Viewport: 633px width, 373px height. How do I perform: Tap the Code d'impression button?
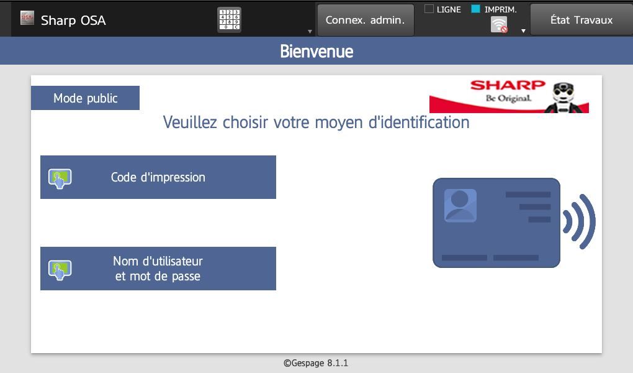pyautogui.click(x=158, y=177)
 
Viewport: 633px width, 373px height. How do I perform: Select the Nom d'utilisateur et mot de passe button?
pyautogui.click(x=158, y=269)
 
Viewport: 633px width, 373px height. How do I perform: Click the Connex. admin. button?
pyautogui.click(x=366, y=20)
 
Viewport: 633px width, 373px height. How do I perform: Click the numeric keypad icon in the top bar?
pyautogui.click(x=229, y=20)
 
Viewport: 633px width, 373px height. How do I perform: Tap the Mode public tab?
pyautogui.click(x=85, y=98)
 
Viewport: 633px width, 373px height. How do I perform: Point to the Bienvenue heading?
pyautogui.click(x=316, y=52)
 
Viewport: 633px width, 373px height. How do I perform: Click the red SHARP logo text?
pyautogui.click(x=508, y=85)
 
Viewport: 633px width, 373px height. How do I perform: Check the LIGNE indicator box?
pyautogui.click(x=429, y=9)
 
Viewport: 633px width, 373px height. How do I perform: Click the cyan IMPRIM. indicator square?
pyautogui.click(x=475, y=9)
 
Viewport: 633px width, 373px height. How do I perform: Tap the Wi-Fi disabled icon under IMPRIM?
pyautogui.click(x=500, y=25)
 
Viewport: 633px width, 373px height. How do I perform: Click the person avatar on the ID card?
pyautogui.click(x=460, y=205)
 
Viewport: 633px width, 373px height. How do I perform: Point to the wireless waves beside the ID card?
pyautogui.click(x=579, y=221)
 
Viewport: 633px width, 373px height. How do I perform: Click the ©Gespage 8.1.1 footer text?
pyautogui.click(x=316, y=363)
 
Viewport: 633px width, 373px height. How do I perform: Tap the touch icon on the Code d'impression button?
pyautogui.click(x=60, y=178)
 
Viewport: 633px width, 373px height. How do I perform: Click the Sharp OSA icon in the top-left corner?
pyautogui.click(x=27, y=18)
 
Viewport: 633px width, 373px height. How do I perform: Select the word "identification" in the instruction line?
pyautogui.click(x=419, y=122)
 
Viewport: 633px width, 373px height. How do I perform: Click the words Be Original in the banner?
pyautogui.click(x=508, y=98)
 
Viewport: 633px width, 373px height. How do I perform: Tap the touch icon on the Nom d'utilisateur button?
pyautogui.click(x=60, y=270)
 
